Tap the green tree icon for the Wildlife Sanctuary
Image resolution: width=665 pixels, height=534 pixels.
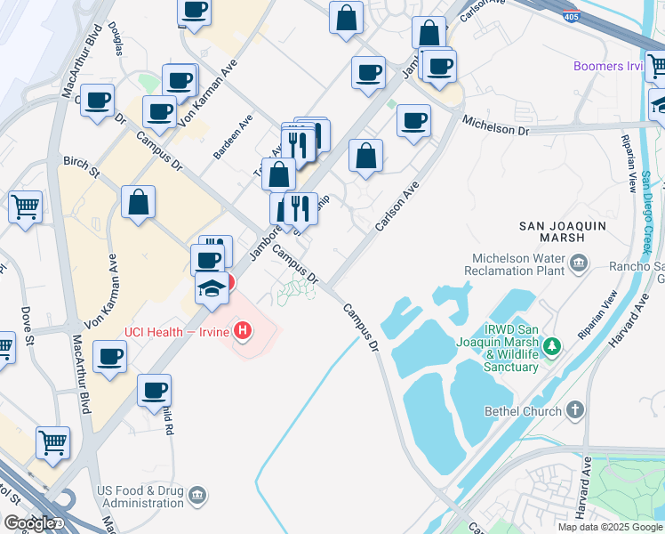pyautogui.click(x=552, y=344)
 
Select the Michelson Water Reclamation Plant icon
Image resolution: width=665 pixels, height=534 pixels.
pyautogui.click(x=579, y=262)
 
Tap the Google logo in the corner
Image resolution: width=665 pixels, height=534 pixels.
pyautogui.click(x=31, y=523)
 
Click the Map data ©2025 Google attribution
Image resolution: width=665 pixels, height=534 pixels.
pyautogui.click(x=609, y=527)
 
